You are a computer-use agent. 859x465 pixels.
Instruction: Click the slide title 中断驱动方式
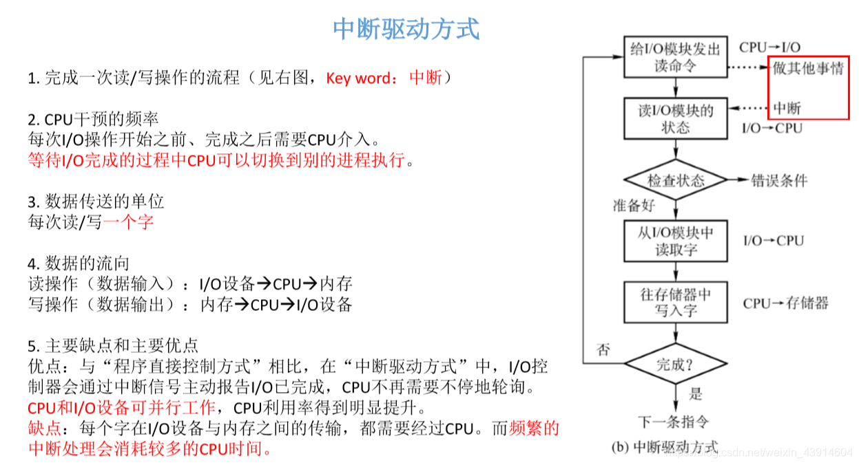(406, 30)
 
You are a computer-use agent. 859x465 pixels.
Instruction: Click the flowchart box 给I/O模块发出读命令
(675, 58)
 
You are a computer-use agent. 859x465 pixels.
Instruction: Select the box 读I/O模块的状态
(675, 119)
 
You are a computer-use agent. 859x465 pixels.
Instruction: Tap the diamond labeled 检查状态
(675, 180)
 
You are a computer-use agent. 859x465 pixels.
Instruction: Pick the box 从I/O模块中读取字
(675, 241)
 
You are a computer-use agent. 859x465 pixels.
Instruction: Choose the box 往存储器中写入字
(675, 302)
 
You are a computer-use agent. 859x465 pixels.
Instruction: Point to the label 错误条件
(779, 181)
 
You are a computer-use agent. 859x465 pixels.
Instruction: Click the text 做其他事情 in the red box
(807, 69)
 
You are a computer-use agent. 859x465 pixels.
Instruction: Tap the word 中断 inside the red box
(787, 108)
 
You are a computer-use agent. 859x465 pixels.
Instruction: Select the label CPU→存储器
(785, 303)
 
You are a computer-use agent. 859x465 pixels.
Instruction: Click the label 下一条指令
(673, 422)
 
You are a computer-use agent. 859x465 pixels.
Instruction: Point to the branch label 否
(603, 349)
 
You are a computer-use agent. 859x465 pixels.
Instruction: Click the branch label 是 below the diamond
(696, 393)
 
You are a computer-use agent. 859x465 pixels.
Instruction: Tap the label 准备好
(634, 205)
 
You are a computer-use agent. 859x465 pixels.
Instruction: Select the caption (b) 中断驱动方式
(665, 447)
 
